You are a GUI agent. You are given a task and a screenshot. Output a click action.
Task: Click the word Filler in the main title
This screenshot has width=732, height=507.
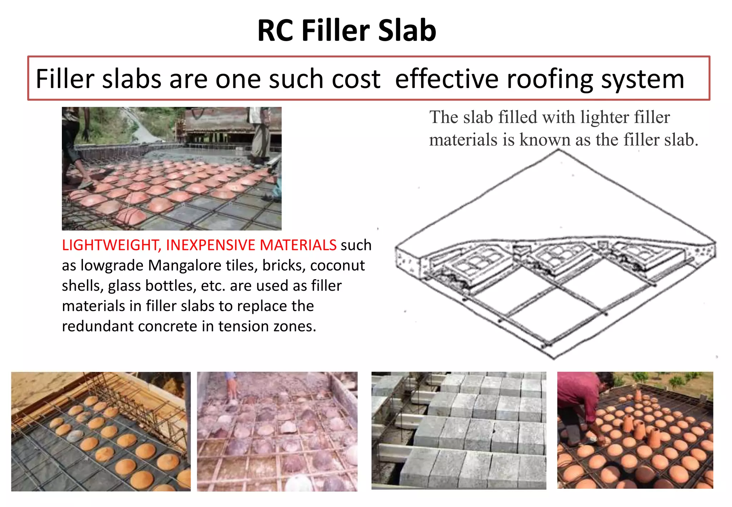[x=335, y=31]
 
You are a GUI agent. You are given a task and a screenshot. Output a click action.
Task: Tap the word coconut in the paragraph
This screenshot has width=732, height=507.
[x=337, y=266]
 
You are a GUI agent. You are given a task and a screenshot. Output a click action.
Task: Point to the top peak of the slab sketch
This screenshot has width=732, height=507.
[x=558, y=151]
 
